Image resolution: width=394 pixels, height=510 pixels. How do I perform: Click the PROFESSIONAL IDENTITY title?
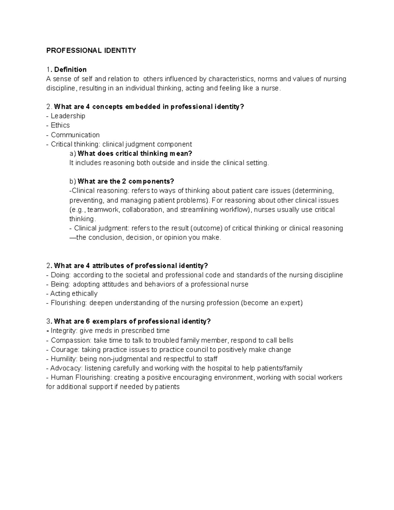pos(91,51)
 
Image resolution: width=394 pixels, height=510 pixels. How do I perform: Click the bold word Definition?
pos(70,70)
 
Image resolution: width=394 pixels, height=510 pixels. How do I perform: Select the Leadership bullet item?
pos(68,116)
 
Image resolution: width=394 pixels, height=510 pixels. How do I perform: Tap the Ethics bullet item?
pos(60,125)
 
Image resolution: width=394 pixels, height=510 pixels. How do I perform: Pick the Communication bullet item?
pos(75,135)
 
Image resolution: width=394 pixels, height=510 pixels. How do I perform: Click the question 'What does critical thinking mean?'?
pos(135,154)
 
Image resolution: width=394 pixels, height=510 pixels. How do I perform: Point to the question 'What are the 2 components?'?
pos(126,182)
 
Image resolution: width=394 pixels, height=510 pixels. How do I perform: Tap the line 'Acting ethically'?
pos(74,294)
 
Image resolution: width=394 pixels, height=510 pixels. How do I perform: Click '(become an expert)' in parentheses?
pos(272,303)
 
